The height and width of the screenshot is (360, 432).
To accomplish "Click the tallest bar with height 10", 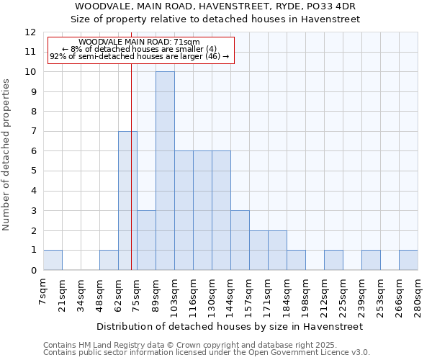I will pyautogui.click(x=165, y=171).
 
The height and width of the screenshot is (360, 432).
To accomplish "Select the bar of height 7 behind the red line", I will pyautogui.click(x=127, y=200).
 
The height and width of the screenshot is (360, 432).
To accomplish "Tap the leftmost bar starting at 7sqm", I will pyautogui.click(x=53, y=260).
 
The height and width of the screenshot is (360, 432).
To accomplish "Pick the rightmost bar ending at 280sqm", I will pyautogui.click(x=408, y=260).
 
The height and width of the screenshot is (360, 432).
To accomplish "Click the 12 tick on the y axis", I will pyautogui.click(x=30, y=32).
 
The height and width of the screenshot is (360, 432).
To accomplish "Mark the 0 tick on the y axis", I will pyautogui.click(x=33, y=270).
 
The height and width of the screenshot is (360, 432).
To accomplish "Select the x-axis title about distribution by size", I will pyautogui.click(x=230, y=326).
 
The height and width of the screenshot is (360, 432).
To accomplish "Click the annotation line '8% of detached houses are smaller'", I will pyautogui.click(x=140, y=49).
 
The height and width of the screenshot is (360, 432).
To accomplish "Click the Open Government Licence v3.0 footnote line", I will pyautogui.click(x=207, y=353).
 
